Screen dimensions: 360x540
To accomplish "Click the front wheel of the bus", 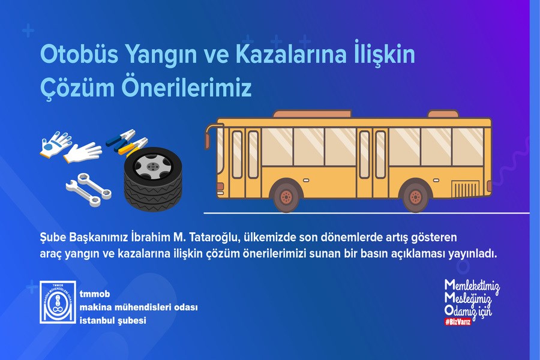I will pos(286,196).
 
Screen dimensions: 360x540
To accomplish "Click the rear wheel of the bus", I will pos(415,196).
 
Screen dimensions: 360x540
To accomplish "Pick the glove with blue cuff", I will pos(53,145).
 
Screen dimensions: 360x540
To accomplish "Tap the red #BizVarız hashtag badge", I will pos(457,322).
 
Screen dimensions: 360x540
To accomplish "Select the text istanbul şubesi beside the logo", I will pos(113,321).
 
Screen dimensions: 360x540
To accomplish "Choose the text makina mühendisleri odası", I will pos(139,308).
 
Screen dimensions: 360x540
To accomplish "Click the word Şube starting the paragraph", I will pos(54,238).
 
